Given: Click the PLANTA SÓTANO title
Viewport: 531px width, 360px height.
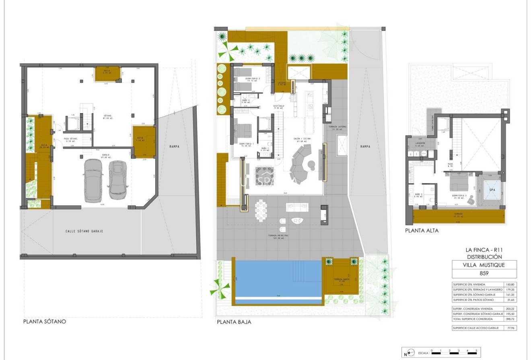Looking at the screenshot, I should pyautogui.click(x=44, y=321).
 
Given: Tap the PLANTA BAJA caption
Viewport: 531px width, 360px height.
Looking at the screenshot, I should pyautogui.click(x=234, y=322).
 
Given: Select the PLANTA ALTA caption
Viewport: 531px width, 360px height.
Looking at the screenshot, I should pyautogui.click(x=422, y=231).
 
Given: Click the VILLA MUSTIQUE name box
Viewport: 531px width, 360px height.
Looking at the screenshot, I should pyautogui.click(x=484, y=265).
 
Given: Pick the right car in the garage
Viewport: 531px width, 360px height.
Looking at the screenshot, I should pyautogui.click(x=117, y=179).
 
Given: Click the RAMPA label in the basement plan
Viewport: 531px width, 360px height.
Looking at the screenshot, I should pyautogui.click(x=174, y=146).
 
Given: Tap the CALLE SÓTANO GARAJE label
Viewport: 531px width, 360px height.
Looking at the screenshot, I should pyautogui.click(x=84, y=231).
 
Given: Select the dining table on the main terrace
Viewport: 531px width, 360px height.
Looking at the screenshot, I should pyautogui.click(x=261, y=210).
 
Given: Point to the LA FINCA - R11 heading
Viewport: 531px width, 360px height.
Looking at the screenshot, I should pyautogui.click(x=484, y=250).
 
